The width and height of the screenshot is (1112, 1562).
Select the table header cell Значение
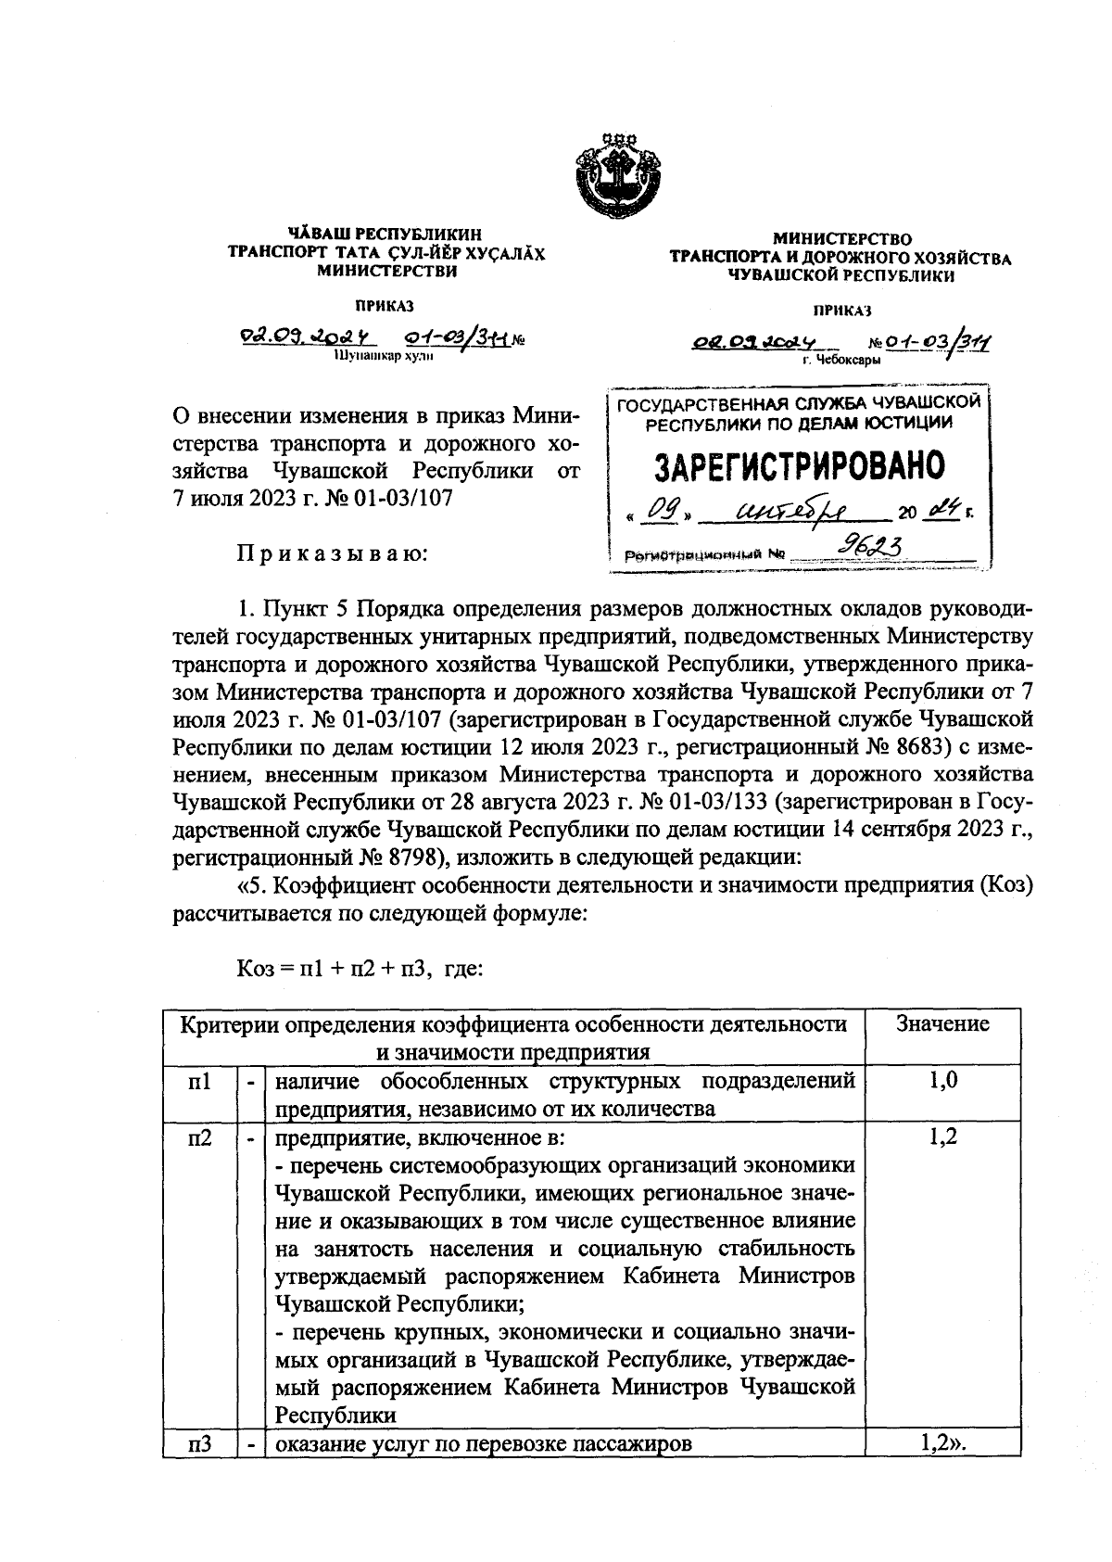click(x=942, y=1023)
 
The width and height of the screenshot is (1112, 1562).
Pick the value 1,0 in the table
click(x=942, y=1081)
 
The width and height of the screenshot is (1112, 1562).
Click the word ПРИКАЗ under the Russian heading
click(x=841, y=310)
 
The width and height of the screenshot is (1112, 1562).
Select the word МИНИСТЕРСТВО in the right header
click(x=841, y=240)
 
